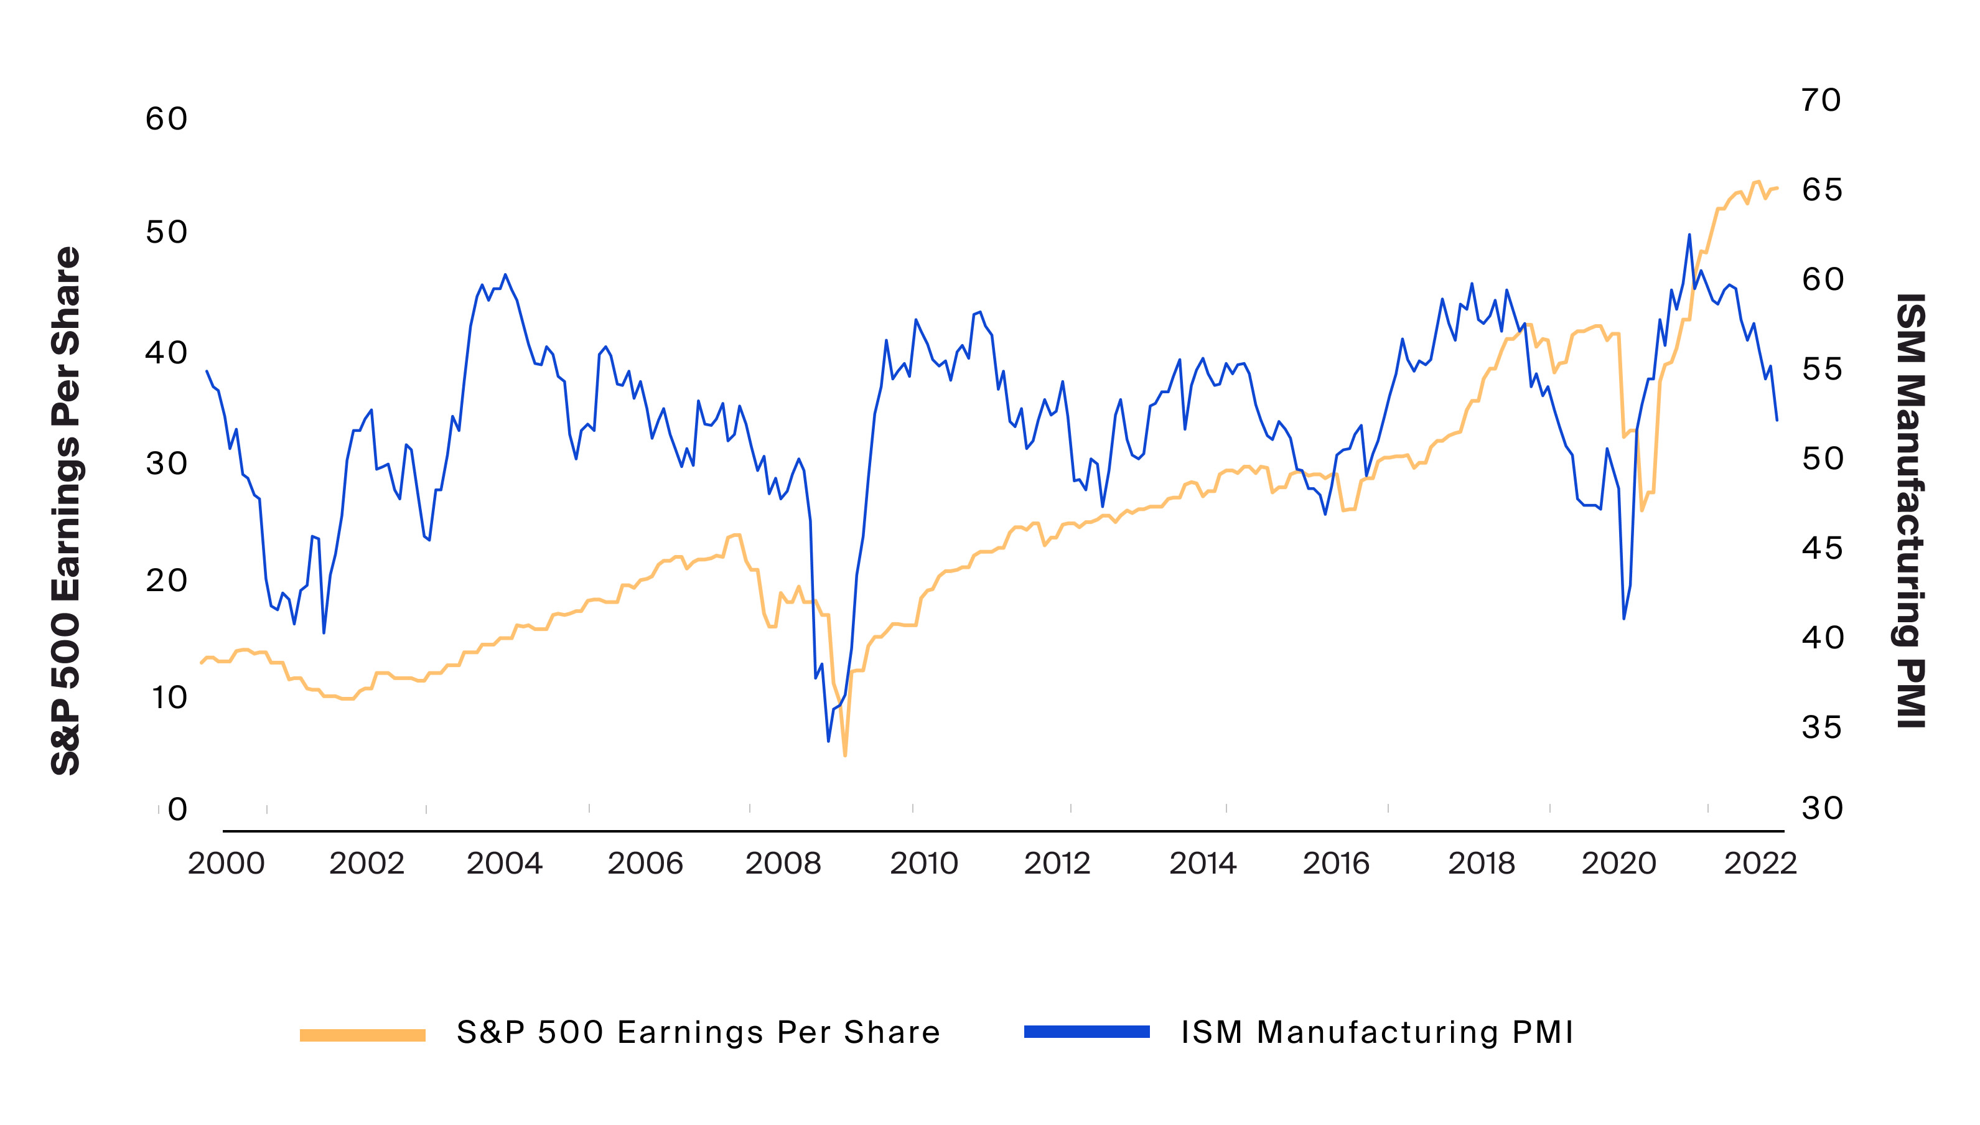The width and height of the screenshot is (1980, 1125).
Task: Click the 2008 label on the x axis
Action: tap(783, 863)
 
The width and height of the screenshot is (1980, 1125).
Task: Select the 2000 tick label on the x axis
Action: tap(226, 863)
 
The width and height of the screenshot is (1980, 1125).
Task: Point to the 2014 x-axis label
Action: tap(1202, 863)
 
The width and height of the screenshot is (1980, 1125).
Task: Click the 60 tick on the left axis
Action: tap(166, 119)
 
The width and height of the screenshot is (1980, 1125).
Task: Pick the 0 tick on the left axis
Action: tap(178, 809)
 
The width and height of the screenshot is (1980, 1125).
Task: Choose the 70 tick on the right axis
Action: tap(1821, 100)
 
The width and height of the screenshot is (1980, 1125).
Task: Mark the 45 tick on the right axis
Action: tap(1821, 549)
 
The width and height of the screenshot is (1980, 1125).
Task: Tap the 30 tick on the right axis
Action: tap(1821, 808)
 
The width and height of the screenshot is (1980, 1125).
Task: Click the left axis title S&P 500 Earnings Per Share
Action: tap(66, 510)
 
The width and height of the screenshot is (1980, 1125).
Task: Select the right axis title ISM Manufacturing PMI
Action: tap(1910, 510)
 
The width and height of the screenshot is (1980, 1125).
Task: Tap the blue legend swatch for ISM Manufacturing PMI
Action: tap(1086, 1032)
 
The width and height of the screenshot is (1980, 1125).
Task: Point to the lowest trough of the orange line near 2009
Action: tap(845, 755)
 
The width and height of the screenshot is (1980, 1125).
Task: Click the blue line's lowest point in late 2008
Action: tap(828, 741)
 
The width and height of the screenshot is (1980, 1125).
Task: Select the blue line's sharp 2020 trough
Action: tap(1624, 618)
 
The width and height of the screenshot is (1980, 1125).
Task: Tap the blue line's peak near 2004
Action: tap(505, 274)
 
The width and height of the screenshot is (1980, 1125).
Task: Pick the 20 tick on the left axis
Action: tap(166, 581)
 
